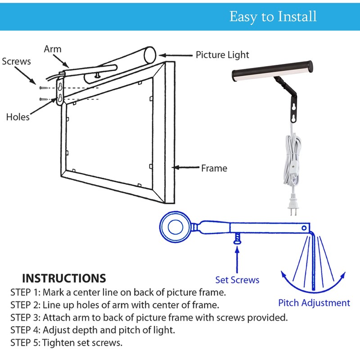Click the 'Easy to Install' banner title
click(x=273, y=17)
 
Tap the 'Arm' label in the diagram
click(x=53, y=49)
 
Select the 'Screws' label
click(x=16, y=61)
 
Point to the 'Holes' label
click(x=18, y=117)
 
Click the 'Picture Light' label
click(x=222, y=55)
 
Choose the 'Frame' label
click(x=214, y=168)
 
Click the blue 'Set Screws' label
click(x=237, y=280)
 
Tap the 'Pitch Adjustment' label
click(x=314, y=303)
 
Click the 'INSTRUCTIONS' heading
click(x=64, y=278)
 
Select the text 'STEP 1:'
click(x=26, y=292)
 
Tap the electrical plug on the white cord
click(x=293, y=206)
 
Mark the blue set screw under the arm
click(x=237, y=238)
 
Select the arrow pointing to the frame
click(x=186, y=167)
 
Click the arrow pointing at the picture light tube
click(x=175, y=55)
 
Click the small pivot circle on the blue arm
click(x=304, y=228)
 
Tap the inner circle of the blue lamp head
click(x=175, y=227)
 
